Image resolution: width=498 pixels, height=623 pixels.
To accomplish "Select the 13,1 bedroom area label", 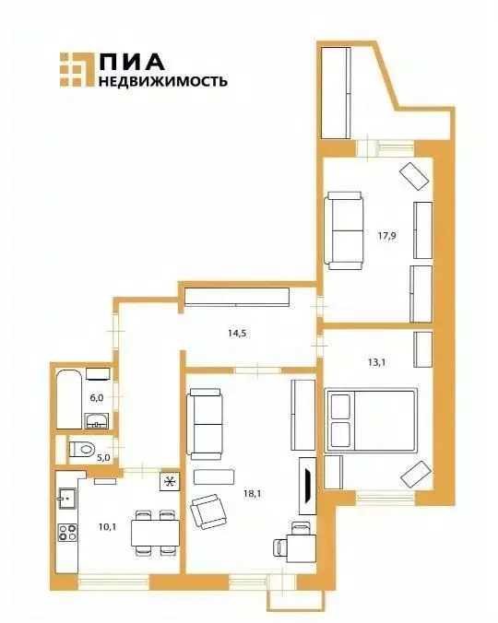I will (x=376, y=362).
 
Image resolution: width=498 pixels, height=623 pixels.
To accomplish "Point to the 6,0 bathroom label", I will (x=96, y=398).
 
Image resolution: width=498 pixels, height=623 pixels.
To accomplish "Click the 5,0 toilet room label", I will (x=104, y=455).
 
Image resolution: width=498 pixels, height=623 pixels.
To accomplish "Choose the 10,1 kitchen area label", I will (x=105, y=527).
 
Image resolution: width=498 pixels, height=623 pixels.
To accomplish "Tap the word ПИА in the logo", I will (x=132, y=61).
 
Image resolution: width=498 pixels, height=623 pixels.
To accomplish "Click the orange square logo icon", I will (x=76, y=70).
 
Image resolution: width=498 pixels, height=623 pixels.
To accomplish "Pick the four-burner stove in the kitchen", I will (x=67, y=533).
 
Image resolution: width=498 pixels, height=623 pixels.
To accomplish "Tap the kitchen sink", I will (x=65, y=499).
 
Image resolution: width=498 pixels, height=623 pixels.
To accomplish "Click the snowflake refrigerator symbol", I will (x=170, y=482).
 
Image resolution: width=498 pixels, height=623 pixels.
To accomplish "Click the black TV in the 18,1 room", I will (x=307, y=484).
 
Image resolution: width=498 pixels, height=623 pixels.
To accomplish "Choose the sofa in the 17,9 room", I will (x=345, y=230).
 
